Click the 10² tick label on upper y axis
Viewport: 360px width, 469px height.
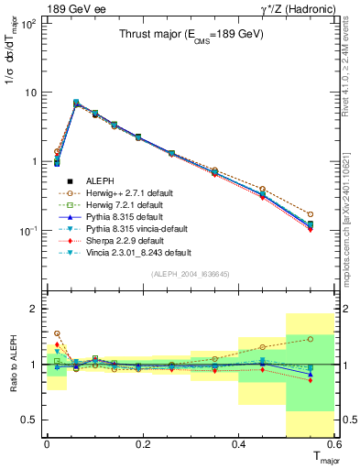pos(29,24)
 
